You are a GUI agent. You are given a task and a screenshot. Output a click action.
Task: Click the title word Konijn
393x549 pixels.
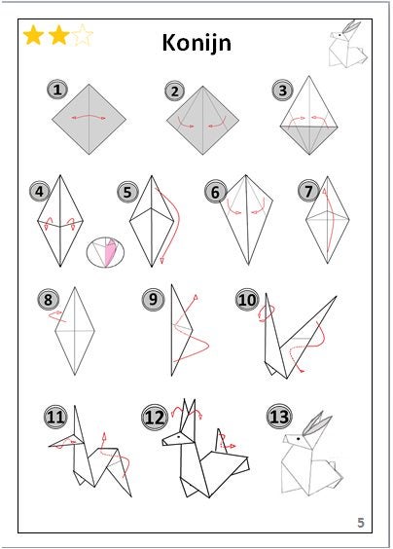coord(196,44)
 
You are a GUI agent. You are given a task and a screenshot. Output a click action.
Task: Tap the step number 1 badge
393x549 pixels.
coord(57,90)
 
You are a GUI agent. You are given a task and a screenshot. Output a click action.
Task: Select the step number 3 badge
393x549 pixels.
coord(283,91)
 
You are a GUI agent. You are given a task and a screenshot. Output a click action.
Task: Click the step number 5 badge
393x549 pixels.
coord(127,192)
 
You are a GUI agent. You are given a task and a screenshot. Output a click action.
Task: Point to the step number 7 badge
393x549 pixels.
coord(308,191)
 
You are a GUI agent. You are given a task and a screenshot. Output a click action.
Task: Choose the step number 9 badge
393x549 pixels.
coord(153,300)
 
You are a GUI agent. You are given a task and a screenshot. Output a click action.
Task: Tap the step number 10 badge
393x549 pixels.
coord(247,300)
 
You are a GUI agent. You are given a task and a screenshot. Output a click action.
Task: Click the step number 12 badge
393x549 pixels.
coord(155,417)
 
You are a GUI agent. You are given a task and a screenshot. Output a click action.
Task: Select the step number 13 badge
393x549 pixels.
coord(279,417)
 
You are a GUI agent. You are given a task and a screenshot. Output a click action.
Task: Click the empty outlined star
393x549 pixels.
coord(83,35)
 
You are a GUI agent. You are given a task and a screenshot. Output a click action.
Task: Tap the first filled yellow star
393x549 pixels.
coord(33,35)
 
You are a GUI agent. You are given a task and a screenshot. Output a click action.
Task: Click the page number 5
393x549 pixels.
coord(361,523)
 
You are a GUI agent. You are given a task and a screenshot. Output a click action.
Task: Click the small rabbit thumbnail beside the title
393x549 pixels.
coord(348,44)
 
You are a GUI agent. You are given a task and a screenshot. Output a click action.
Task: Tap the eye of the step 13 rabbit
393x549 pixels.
coord(299,438)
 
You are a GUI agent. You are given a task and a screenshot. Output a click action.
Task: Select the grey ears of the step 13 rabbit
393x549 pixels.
coord(316,424)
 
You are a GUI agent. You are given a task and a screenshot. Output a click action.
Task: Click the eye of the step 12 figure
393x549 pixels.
coord(179,437)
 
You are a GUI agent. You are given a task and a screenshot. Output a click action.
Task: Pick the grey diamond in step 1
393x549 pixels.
coord(89,119)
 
